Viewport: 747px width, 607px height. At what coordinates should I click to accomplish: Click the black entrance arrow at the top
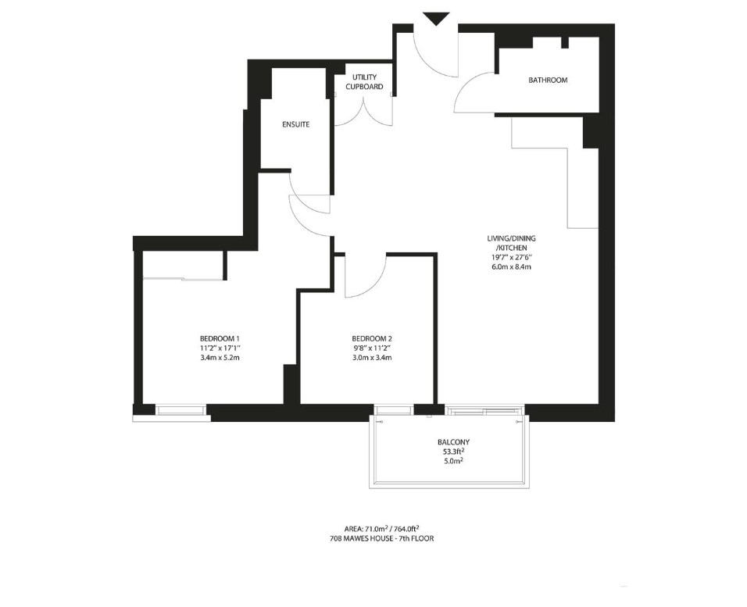(x=436, y=19)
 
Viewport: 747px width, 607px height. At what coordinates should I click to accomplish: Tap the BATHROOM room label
(x=548, y=80)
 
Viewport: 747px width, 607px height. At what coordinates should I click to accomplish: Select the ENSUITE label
(x=296, y=124)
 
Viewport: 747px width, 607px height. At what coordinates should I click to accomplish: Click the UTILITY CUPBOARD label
(x=364, y=82)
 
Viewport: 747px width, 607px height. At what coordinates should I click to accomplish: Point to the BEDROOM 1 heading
(x=220, y=339)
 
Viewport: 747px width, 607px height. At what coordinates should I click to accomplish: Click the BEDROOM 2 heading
(x=372, y=339)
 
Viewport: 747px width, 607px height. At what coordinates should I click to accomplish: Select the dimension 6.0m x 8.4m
(x=511, y=267)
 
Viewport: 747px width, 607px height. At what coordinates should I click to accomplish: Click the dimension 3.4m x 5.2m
(x=220, y=357)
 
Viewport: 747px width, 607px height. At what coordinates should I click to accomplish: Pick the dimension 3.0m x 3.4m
(x=372, y=357)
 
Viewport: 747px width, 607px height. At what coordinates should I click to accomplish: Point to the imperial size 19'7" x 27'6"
(x=511, y=257)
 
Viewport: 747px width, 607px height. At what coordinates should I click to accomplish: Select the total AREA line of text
(x=381, y=528)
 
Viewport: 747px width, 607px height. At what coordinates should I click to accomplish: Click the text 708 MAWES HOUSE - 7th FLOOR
(x=381, y=538)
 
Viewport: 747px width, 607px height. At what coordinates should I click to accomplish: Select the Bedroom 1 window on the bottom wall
(x=181, y=410)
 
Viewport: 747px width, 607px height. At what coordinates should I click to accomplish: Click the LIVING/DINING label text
(x=511, y=238)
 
